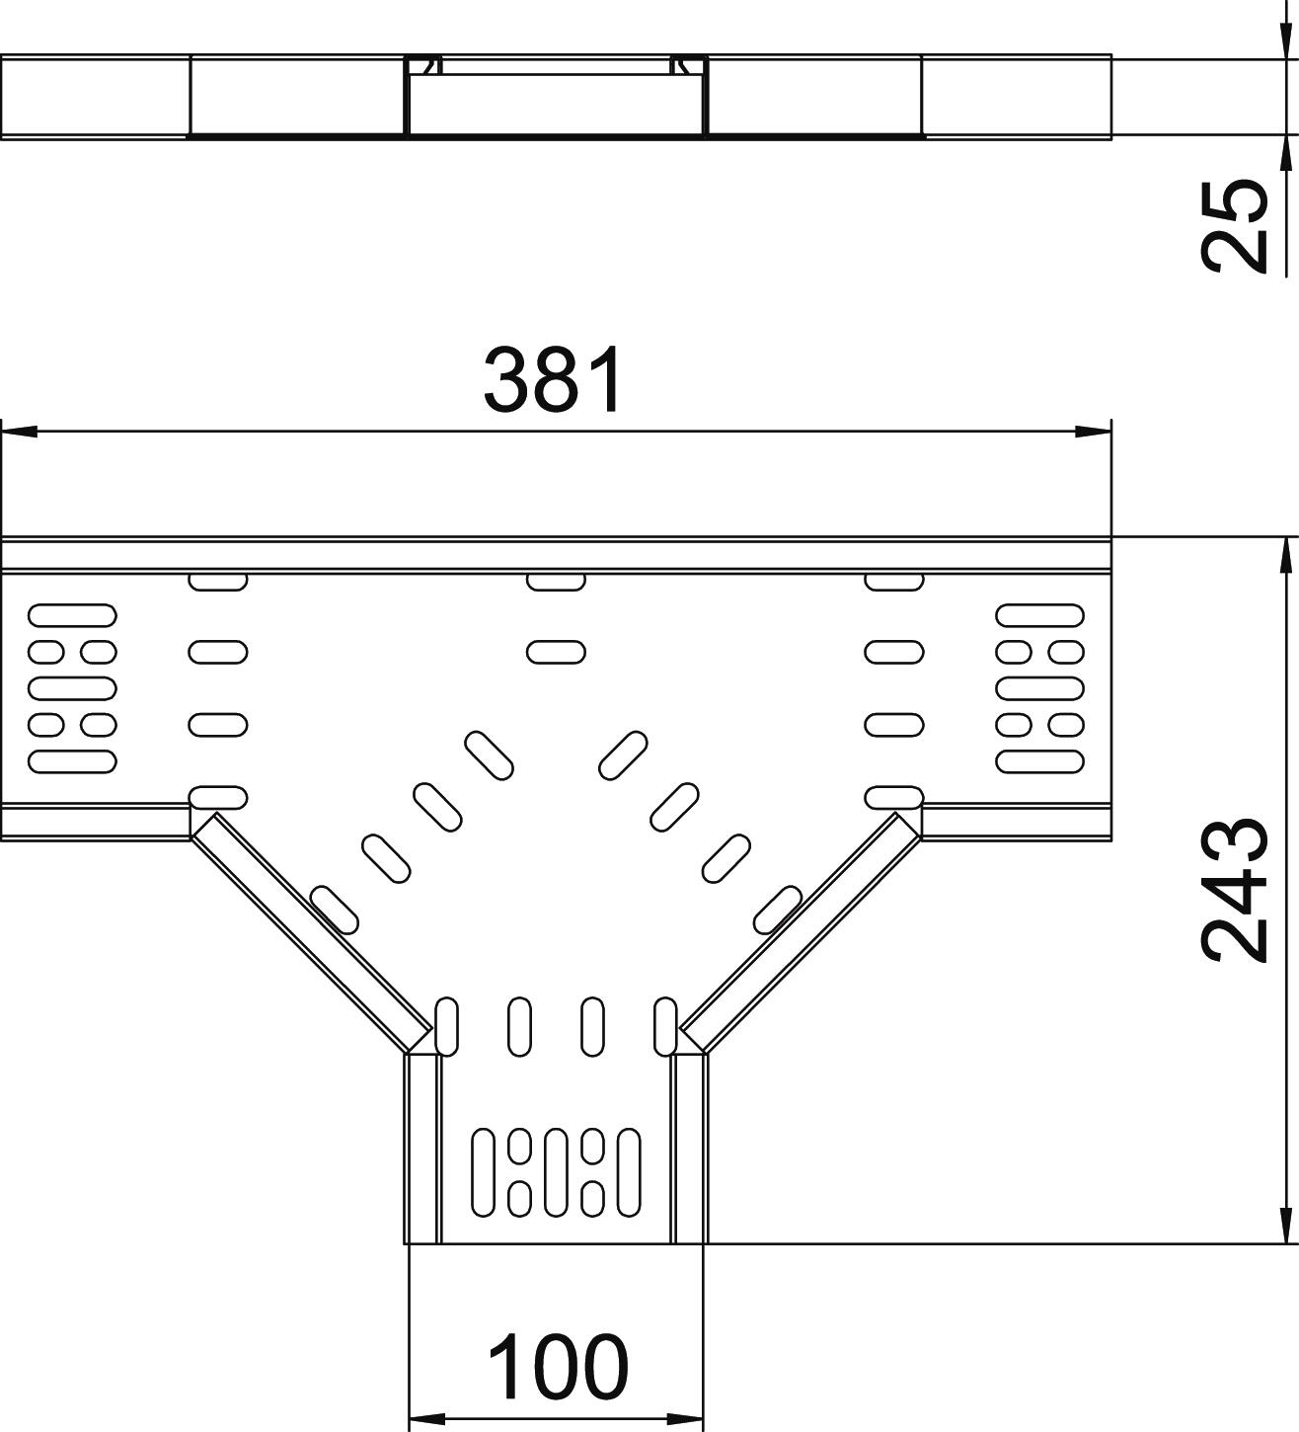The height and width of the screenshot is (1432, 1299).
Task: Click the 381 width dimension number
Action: click(x=554, y=380)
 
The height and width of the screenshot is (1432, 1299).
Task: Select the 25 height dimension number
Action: click(x=1234, y=225)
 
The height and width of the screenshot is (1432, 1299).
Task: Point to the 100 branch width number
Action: click(x=557, y=1368)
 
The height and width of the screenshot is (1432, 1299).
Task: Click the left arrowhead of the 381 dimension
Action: click(x=20, y=432)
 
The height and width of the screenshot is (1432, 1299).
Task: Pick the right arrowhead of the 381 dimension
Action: click(x=1093, y=432)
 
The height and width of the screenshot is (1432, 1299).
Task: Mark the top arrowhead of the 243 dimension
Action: click(x=1285, y=556)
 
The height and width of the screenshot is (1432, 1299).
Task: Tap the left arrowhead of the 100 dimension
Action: click(x=425, y=1420)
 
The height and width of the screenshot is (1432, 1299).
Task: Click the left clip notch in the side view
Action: click(x=426, y=66)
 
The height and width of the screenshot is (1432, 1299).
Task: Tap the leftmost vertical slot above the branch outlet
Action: click(x=447, y=1027)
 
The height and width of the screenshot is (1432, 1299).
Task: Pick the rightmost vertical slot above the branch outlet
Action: click(x=665, y=1027)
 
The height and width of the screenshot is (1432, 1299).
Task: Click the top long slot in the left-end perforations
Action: click(x=73, y=616)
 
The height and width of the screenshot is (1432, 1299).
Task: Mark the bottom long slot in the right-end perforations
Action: click(x=1040, y=761)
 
